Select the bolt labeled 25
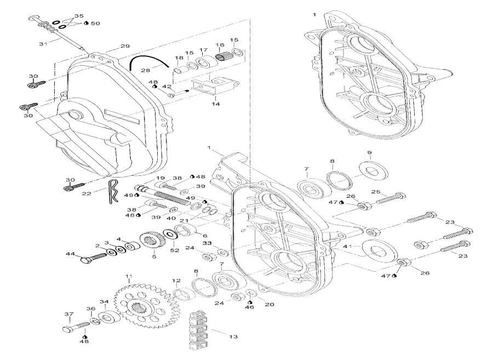(391, 198)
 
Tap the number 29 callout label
(125, 45)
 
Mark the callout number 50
(95, 24)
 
